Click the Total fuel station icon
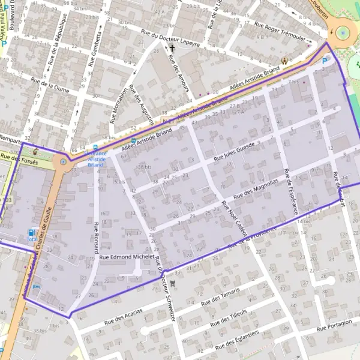(x=31, y=233)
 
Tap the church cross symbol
(x=172, y=48)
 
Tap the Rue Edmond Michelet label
(x=127, y=257)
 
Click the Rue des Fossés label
(x=19, y=159)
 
